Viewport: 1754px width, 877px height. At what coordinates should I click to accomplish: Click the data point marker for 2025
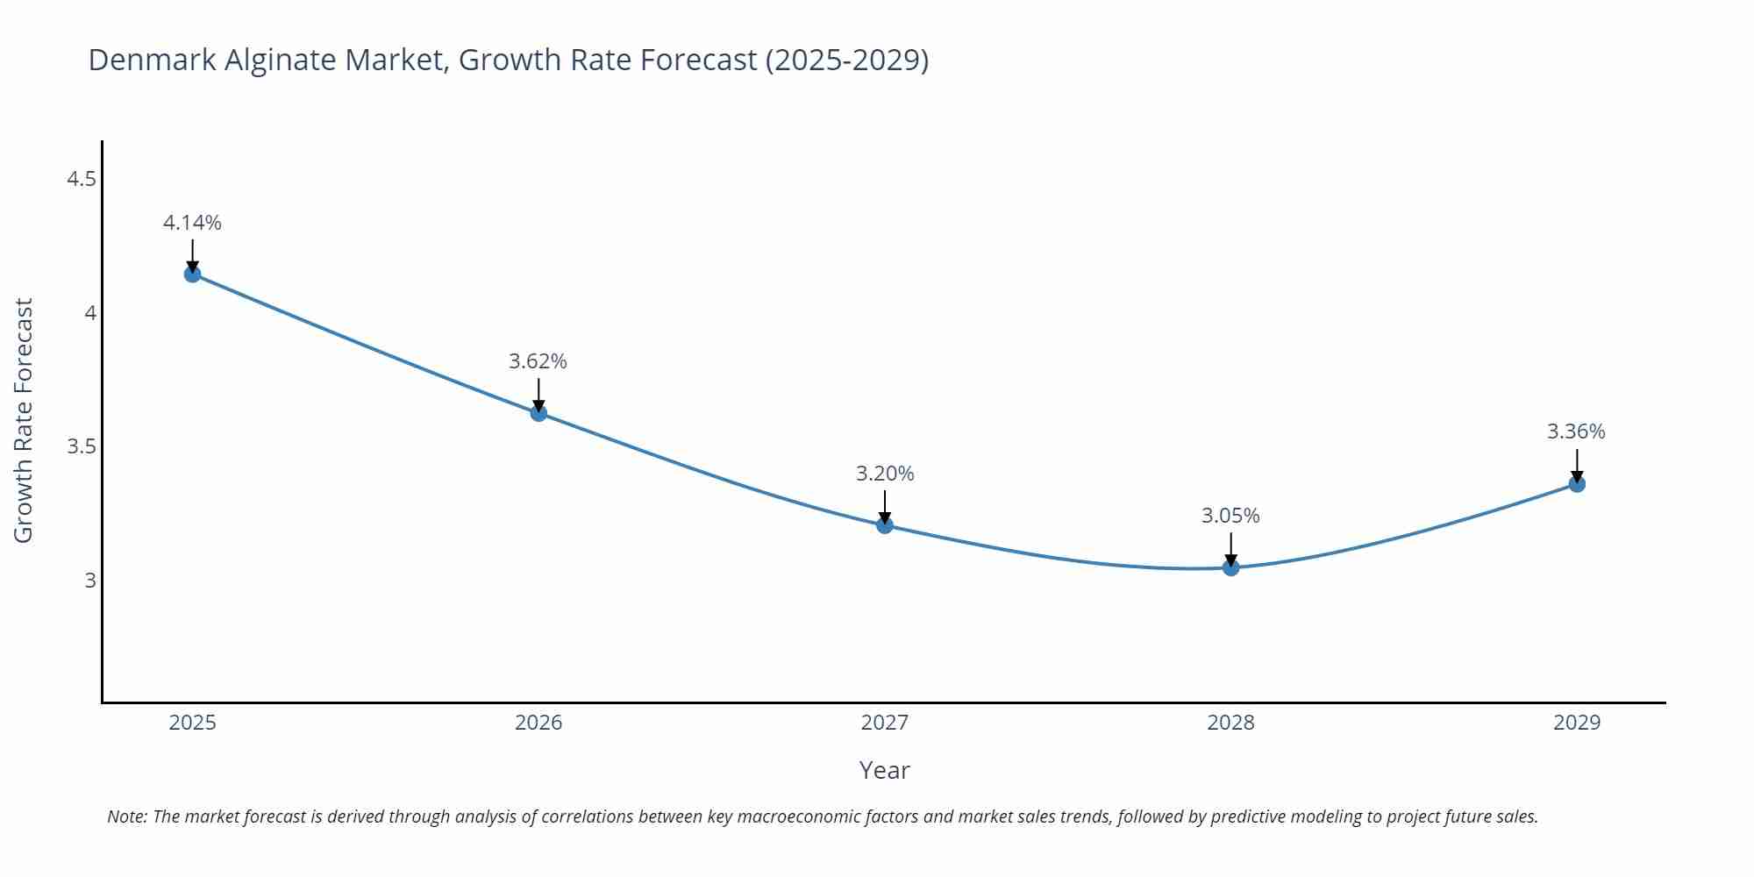(x=192, y=275)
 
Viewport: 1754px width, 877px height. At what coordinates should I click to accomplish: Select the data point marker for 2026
(x=538, y=413)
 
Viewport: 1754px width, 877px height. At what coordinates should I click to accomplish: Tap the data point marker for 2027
(x=884, y=525)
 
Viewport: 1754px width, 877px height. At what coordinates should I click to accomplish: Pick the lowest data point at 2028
(x=1230, y=567)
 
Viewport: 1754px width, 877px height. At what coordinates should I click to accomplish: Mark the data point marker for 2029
(x=1577, y=484)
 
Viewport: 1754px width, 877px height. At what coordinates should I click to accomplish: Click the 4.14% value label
(x=192, y=223)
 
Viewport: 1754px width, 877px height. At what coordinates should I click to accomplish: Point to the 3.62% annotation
(x=538, y=361)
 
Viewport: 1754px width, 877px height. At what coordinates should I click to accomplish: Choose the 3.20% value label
(x=885, y=474)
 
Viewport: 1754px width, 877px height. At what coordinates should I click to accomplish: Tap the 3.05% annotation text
(x=1230, y=516)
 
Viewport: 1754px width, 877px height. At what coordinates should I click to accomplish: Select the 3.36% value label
(x=1576, y=431)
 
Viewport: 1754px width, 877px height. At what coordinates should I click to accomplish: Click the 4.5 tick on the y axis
(x=82, y=179)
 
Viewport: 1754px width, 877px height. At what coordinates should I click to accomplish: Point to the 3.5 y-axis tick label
(x=82, y=446)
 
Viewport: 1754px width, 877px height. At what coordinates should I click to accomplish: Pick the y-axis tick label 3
(x=90, y=581)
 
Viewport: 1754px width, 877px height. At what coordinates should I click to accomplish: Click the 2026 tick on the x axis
(x=538, y=723)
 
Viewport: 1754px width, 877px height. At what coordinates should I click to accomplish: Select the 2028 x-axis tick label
(x=1230, y=723)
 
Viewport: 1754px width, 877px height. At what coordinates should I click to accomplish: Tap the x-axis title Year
(x=884, y=770)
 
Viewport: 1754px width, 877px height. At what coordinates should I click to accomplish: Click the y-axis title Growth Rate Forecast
(x=24, y=420)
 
